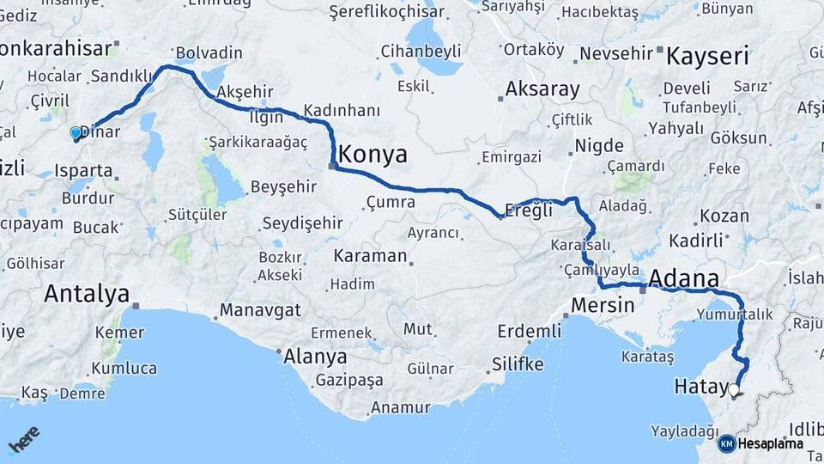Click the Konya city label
[373, 155]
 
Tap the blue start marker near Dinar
[76, 133]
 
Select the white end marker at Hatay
[734, 390]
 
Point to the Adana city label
[684, 278]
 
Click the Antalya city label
[86, 293]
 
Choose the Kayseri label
[708, 58]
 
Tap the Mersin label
[603, 305]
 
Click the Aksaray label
[542, 89]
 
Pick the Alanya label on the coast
[316, 357]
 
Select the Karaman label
[370, 256]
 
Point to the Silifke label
[518, 364]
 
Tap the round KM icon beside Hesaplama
[726, 443]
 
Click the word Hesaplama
[771, 443]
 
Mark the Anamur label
[400, 408]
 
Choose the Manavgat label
[259, 310]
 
